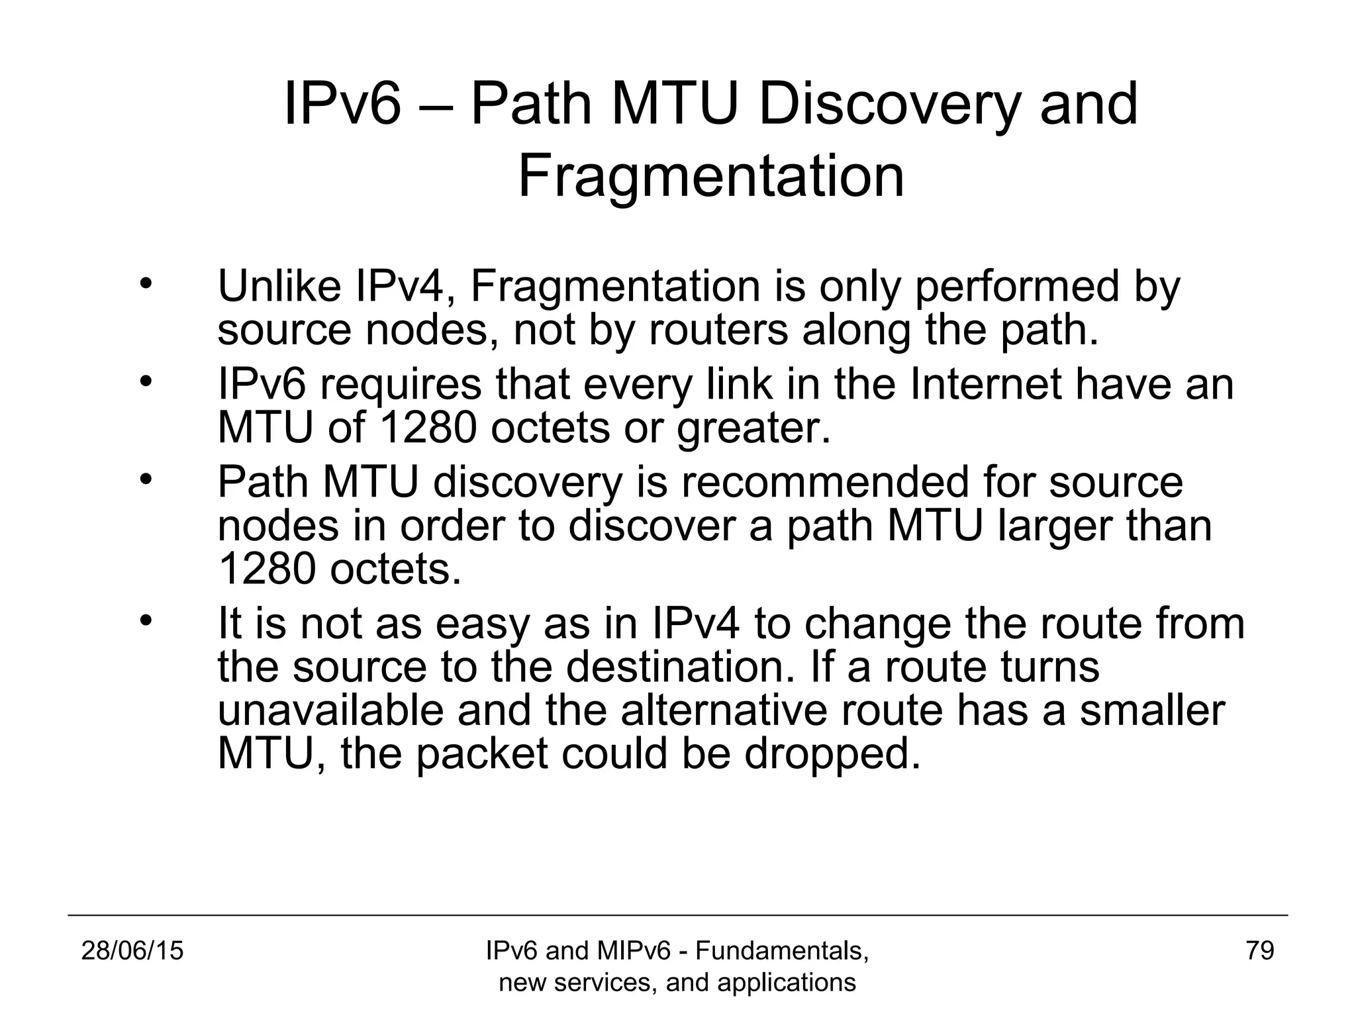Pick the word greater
[x=753, y=428]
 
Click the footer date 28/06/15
[x=132, y=951]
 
